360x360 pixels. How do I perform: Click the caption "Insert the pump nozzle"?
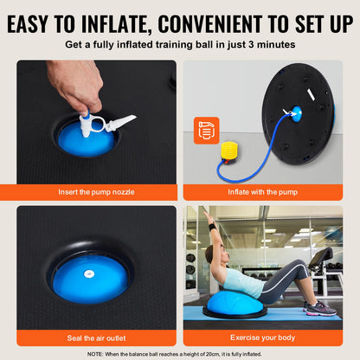pos(95,191)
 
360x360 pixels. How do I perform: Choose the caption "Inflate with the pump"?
pos(264,191)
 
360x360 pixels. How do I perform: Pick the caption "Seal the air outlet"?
pos(95,336)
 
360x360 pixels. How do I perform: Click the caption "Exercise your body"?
pos(264,336)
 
